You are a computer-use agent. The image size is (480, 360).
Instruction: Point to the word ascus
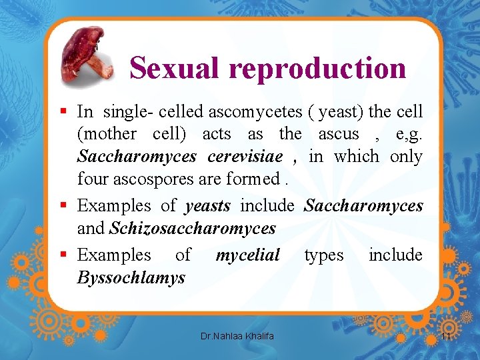(x=339, y=133)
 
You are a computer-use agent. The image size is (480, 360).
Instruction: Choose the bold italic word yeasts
(x=208, y=205)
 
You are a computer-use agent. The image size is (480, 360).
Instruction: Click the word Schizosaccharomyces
(x=193, y=228)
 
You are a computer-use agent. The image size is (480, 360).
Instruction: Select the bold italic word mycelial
(x=247, y=255)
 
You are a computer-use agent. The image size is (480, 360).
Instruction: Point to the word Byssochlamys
(x=131, y=277)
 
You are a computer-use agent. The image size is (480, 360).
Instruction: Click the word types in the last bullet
(x=324, y=255)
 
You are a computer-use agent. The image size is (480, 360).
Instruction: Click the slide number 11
(x=446, y=337)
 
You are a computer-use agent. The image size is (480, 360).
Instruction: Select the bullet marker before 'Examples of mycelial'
(x=63, y=255)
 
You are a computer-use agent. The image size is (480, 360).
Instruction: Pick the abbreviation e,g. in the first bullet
(x=407, y=133)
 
